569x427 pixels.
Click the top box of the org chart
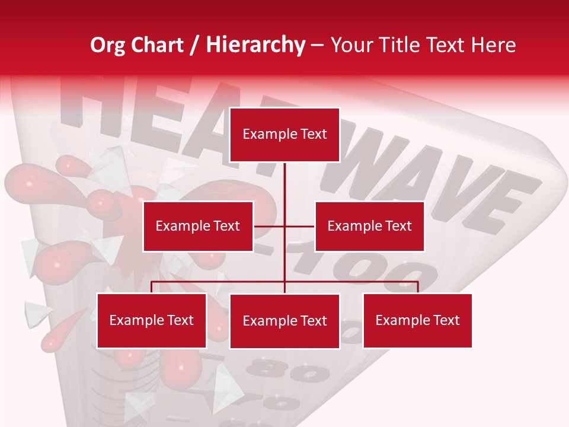(x=284, y=135)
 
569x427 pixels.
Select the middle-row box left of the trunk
(x=198, y=226)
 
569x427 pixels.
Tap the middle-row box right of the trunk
(x=369, y=226)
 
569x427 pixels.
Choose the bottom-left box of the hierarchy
(x=152, y=320)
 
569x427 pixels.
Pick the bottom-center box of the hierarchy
(x=284, y=321)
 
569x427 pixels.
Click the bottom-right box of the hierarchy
(x=417, y=320)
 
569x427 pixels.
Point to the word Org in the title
(x=107, y=45)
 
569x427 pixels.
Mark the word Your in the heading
(x=350, y=45)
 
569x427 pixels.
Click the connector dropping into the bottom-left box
(x=152, y=287)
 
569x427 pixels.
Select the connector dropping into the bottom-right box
(x=417, y=287)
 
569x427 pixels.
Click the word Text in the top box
(x=314, y=135)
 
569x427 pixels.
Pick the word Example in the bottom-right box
(x=397, y=320)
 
